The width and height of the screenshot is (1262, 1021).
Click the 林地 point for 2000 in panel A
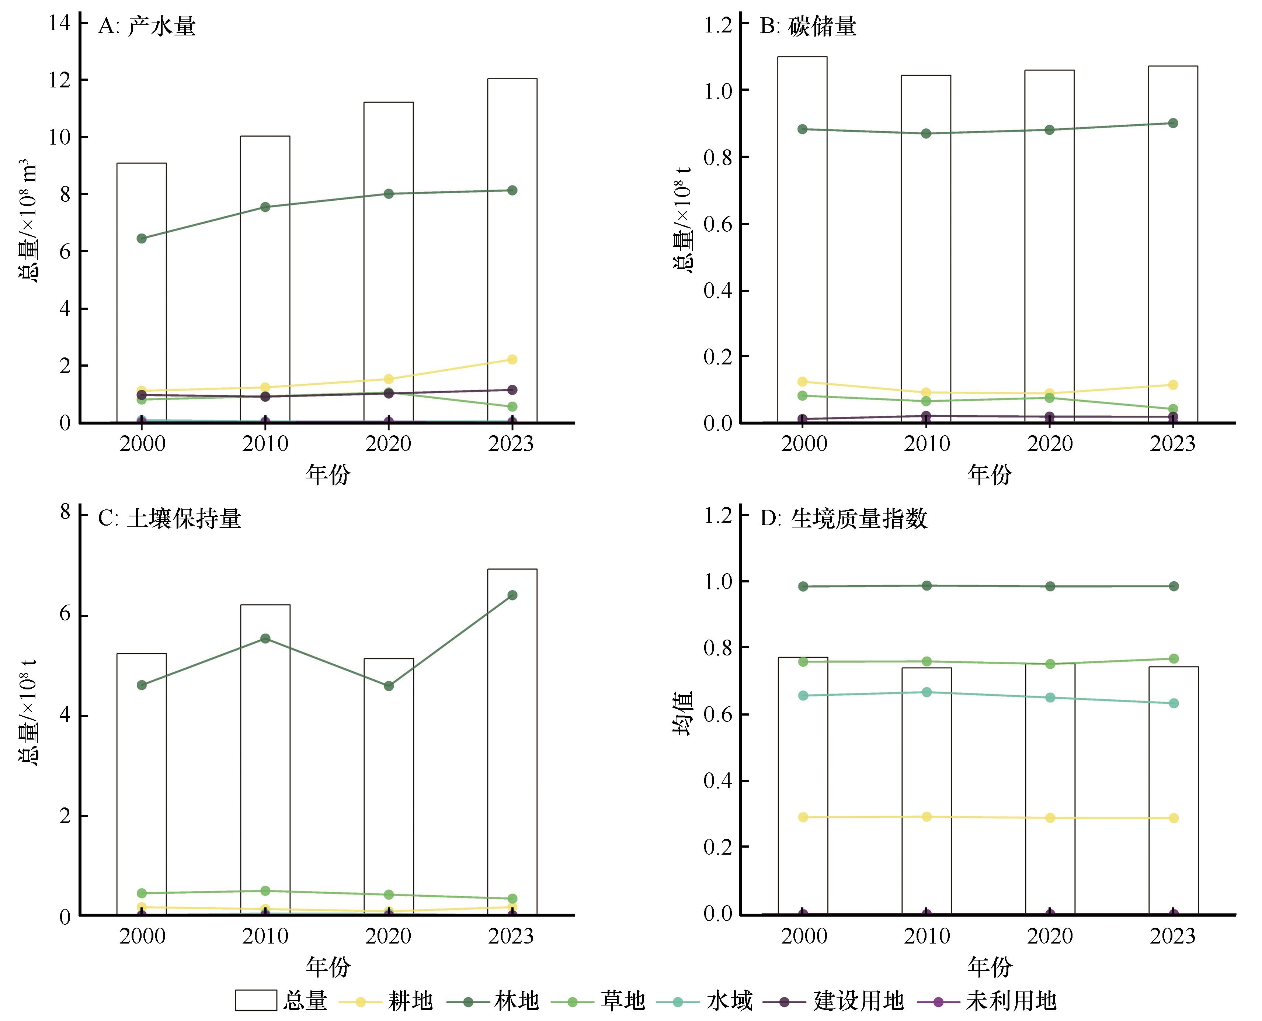click(142, 238)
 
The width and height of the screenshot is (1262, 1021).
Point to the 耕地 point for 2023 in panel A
click(512, 359)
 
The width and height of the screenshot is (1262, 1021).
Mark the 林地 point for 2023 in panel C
click(512, 595)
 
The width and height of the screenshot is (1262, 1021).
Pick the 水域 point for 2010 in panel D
click(926, 692)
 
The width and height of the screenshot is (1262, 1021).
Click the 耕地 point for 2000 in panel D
click(803, 817)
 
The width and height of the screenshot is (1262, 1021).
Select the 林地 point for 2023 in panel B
click(1173, 123)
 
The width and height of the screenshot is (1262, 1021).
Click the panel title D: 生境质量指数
click(844, 519)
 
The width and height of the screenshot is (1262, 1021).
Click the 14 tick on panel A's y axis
click(60, 23)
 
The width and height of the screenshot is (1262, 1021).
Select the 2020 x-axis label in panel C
click(388, 936)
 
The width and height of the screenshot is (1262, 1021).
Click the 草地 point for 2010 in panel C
click(265, 890)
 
